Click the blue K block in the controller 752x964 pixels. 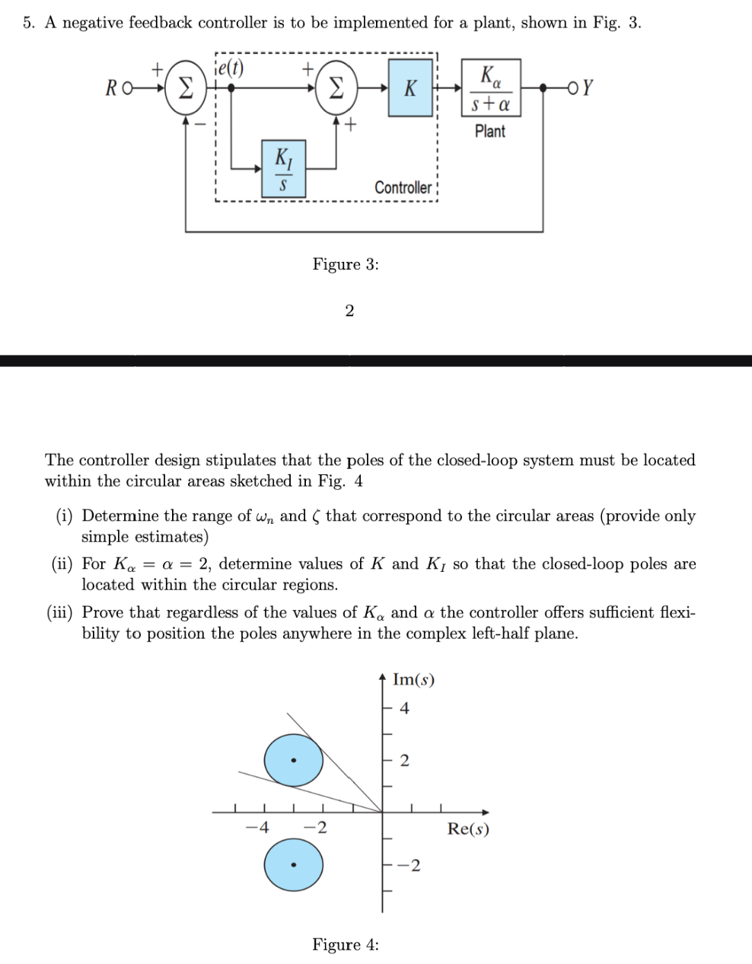[x=410, y=89]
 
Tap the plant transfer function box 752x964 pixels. [x=490, y=88]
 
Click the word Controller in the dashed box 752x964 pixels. [x=403, y=187]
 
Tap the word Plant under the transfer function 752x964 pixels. [x=489, y=131]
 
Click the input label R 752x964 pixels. [x=111, y=89]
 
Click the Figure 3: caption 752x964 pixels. [x=346, y=264]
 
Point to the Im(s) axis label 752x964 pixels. [x=413, y=679]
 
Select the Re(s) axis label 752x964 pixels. [x=468, y=828]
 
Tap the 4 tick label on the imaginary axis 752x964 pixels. [x=404, y=708]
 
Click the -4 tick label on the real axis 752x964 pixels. [x=260, y=828]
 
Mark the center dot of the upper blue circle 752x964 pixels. [x=294, y=760]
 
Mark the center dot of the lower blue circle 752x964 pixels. [x=294, y=865]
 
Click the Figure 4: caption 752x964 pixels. [x=346, y=944]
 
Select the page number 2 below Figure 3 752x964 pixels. [x=349, y=310]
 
